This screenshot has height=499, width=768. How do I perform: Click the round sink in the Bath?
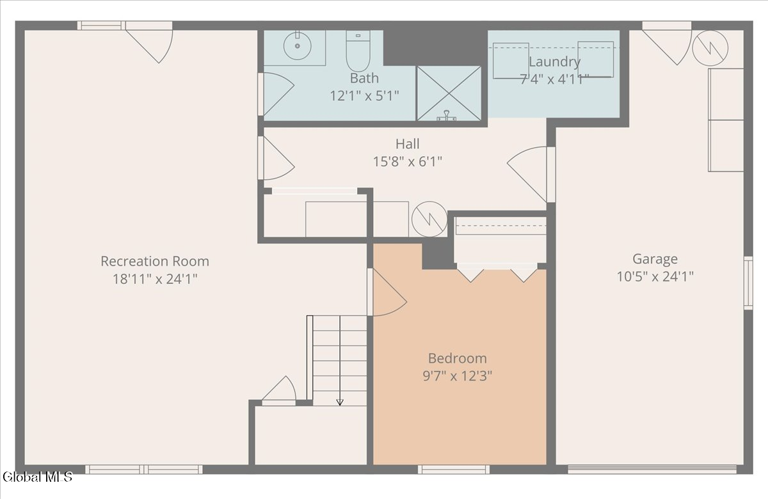tap(297, 46)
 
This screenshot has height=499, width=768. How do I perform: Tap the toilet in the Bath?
tap(358, 51)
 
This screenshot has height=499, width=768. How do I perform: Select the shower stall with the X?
tap(449, 93)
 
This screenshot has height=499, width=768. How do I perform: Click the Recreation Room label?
tap(155, 261)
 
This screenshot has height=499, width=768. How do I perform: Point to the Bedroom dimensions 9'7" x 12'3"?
tap(458, 376)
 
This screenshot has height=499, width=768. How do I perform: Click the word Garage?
tap(655, 259)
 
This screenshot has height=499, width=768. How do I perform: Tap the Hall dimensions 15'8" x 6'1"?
tap(407, 161)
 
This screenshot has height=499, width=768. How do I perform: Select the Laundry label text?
tap(554, 61)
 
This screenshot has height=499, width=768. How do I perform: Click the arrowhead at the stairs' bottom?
tap(340, 402)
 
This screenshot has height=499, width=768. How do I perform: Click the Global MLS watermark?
tap(38, 477)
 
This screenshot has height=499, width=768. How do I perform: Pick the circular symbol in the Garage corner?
tap(710, 49)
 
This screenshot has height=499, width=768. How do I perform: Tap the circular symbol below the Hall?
tap(429, 219)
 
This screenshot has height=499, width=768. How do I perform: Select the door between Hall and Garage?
tap(531, 175)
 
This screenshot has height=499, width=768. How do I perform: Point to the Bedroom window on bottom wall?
tap(454, 470)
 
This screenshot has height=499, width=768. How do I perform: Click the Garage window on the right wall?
tap(748, 283)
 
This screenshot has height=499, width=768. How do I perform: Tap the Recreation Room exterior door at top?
tap(148, 42)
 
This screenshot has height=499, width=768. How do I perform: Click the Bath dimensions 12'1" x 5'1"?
tap(364, 95)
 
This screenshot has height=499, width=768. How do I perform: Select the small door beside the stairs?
tap(279, 391)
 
